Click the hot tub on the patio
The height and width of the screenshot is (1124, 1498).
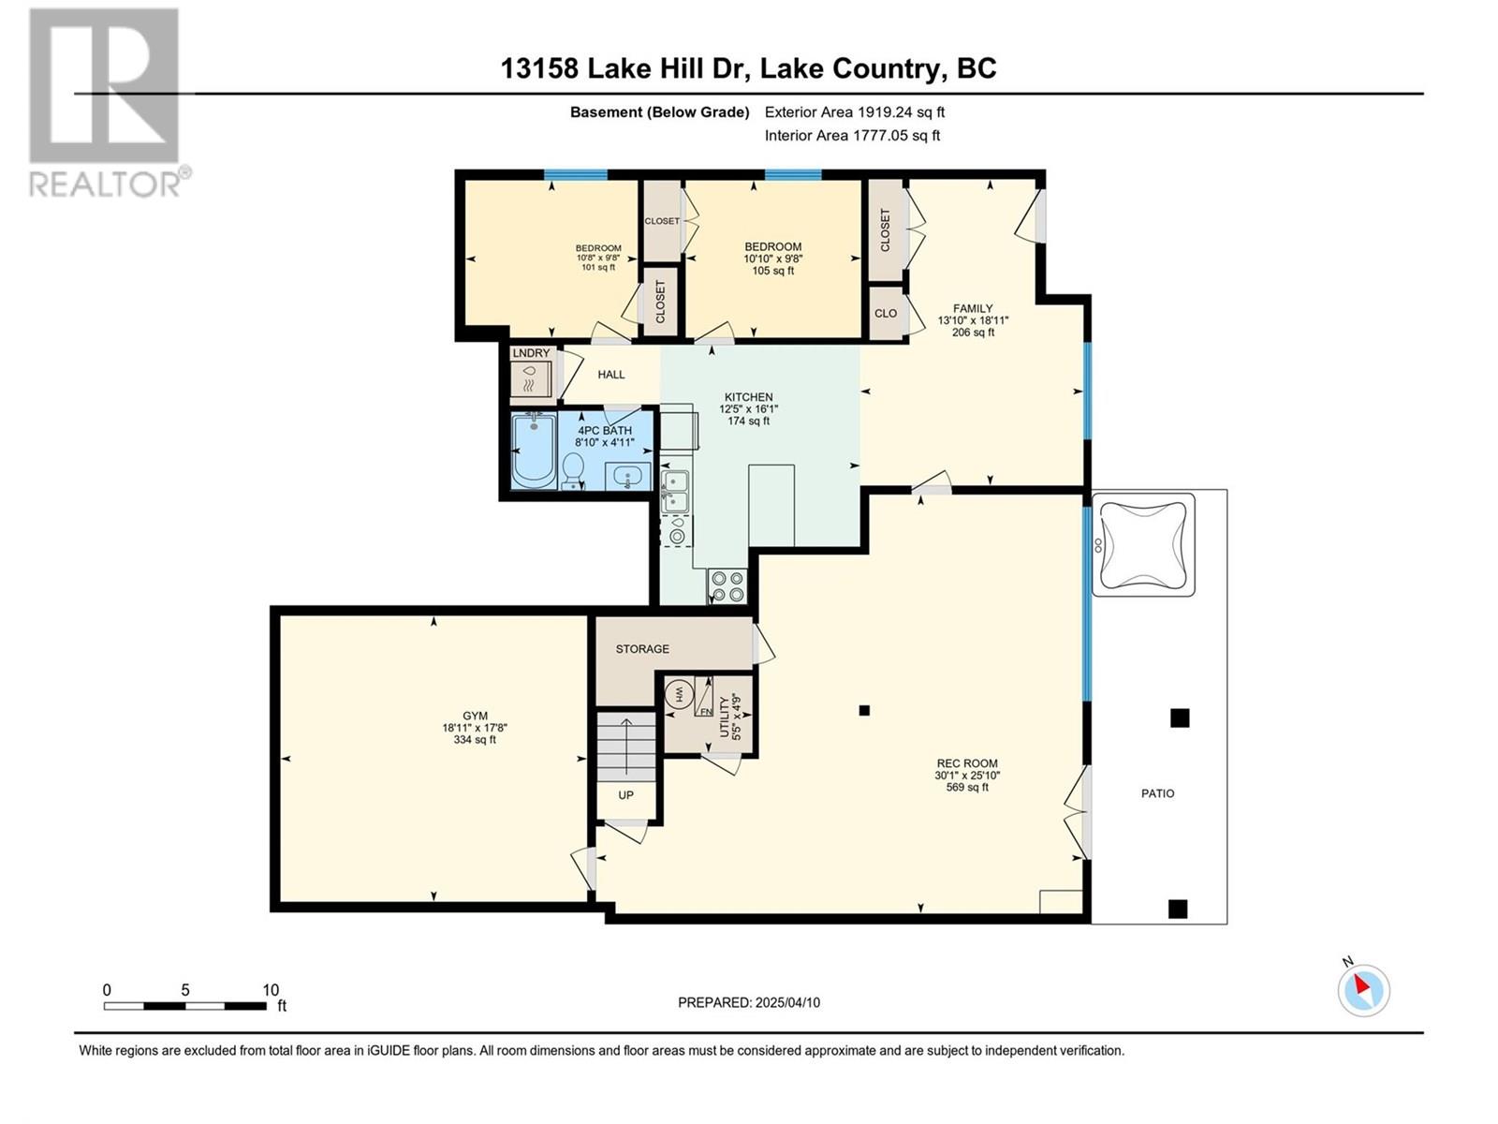(x=1143, y=544)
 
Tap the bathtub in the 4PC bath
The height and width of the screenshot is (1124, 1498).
(x=534, y=451)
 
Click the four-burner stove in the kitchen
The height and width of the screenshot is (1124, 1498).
(x=727, y=586)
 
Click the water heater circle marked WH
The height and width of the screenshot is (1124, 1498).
(x=679, y=695)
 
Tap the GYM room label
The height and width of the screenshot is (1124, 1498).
(x=475, y=716)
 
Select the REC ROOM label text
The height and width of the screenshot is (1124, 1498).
(x=967, y=763)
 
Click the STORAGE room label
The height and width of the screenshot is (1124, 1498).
(x=642, y=649)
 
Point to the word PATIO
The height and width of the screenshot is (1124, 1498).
(x=1157, y=793)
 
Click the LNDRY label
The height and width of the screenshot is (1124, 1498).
(x=531, y=353)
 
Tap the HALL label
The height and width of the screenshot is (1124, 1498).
(x=610, y=375)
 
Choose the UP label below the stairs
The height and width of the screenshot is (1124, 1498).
(x=625, y=795)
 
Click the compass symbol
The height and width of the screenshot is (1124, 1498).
(x=1363, y=989)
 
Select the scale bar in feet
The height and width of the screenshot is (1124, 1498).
(x=185, y=1006)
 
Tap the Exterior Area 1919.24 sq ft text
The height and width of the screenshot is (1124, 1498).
(x=855, y=111)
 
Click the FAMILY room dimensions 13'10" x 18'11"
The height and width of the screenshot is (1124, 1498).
(x=973, y=320)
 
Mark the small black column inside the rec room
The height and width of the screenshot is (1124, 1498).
(x=864, y=710)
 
